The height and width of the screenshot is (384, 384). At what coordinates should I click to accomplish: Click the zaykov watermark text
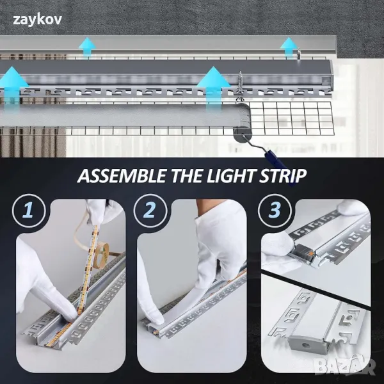click(37, 20)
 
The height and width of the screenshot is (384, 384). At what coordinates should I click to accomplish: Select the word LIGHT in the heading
click(230, 175)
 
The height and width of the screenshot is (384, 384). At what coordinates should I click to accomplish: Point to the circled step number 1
click(29, 211)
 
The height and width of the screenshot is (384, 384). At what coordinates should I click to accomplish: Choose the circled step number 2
click(150, 211)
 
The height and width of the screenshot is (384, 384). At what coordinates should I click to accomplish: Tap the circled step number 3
click(275, 211)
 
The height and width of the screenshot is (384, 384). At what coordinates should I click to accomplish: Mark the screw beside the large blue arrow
click(240, 86)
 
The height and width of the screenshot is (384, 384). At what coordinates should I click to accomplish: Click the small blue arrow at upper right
click(289, 48)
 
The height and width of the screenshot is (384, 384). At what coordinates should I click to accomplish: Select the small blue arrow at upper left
click(88, 48)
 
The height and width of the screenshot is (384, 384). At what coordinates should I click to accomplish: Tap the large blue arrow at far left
click(12, 86)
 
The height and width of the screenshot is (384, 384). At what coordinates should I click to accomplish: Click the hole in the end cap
click(305, 346)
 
